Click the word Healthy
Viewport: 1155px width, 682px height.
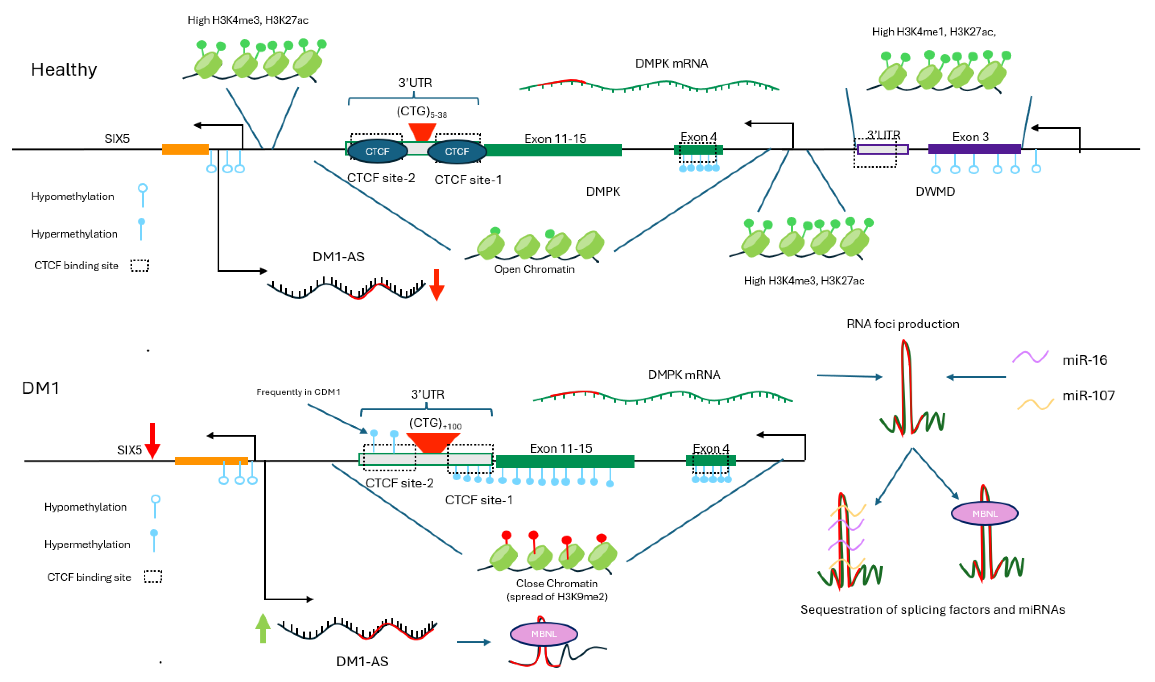click(x=64, y=70)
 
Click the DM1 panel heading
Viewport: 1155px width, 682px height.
click(x=41, y=388)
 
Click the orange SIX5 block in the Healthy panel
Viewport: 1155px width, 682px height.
click(x=185, y=149)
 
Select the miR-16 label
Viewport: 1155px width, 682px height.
click(x=1085, y=360)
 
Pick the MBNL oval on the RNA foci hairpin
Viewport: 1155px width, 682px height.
click(x=985, y=513)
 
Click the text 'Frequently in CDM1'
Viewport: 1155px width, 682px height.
click(x=298, y=392)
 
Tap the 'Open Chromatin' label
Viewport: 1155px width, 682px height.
click(x=534, y=269)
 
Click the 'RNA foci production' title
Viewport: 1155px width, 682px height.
click(x=903, y=324)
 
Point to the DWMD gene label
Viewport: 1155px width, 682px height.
click(x=935, y=191)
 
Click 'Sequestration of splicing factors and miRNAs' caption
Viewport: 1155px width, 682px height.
click(x=933, y=609)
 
